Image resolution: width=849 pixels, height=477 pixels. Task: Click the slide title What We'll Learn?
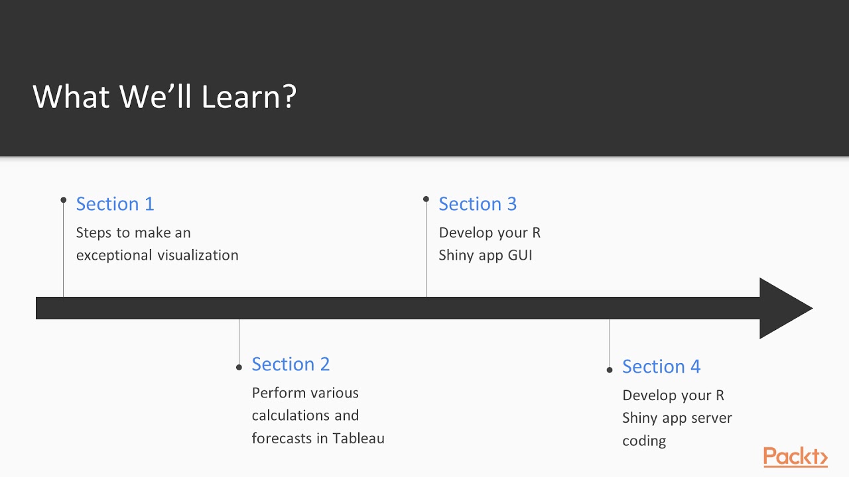click(164, 97)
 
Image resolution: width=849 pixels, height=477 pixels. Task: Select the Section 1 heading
click(115, 204)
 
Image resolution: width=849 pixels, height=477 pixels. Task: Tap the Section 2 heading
click(291, 364)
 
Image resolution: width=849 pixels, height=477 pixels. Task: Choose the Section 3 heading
click(478, 204)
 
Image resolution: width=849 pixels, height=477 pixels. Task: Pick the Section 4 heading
click(661, 367)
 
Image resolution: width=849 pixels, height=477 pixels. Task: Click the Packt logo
click(795, 457)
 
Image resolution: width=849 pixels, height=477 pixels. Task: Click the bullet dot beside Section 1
click(64, 199)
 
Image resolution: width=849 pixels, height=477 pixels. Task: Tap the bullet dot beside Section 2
click(239, 367)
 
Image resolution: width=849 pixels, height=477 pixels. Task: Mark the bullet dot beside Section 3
click(426, 199)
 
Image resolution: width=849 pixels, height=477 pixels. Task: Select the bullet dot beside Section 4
click(610, 370)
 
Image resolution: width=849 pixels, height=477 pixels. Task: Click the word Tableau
click(358, 439)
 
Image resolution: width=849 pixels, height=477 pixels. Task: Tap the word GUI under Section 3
click(520, 256)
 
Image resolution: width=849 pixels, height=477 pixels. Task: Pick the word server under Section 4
click(710, 419)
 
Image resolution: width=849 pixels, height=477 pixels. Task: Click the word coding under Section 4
click(644, 441)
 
